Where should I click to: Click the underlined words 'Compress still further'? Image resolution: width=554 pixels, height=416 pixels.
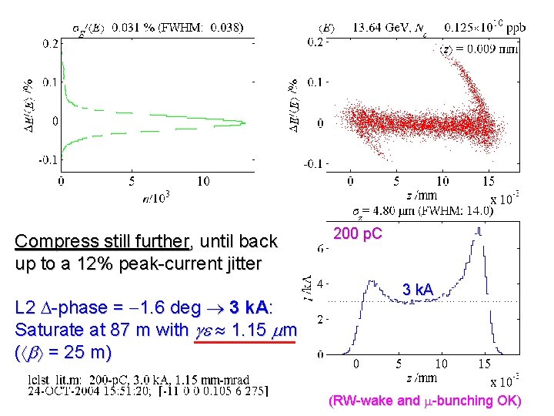point(102,242)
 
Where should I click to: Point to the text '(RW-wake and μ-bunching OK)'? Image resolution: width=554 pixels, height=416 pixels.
point(425,401)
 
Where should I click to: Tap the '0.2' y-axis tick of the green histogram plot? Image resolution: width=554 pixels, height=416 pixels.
point(48,43)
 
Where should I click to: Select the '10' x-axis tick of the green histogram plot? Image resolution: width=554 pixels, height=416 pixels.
point(202,181)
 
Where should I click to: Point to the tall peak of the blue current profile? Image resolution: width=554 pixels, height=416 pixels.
point(480,230)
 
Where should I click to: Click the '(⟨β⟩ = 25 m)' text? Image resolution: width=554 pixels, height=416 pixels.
point(63,353)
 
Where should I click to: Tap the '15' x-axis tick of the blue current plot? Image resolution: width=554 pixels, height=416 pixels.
point(484,364)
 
